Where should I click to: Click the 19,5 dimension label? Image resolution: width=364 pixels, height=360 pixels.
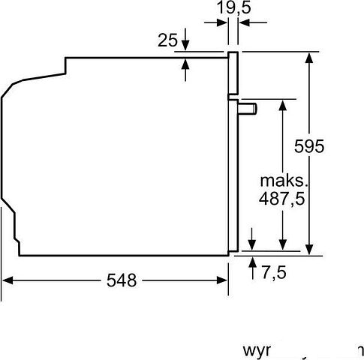coord(233,8)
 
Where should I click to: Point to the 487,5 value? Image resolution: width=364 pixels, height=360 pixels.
coord(285,200)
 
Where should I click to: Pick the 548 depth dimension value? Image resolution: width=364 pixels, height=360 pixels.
coord(121,280)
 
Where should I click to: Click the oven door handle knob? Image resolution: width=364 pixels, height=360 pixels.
coord(247,109)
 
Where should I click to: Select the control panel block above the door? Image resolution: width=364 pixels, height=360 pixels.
coord(233,75)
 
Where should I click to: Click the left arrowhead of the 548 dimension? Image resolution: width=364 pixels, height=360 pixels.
coord(8,280)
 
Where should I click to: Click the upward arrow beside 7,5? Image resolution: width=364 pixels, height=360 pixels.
coord(252,262)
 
